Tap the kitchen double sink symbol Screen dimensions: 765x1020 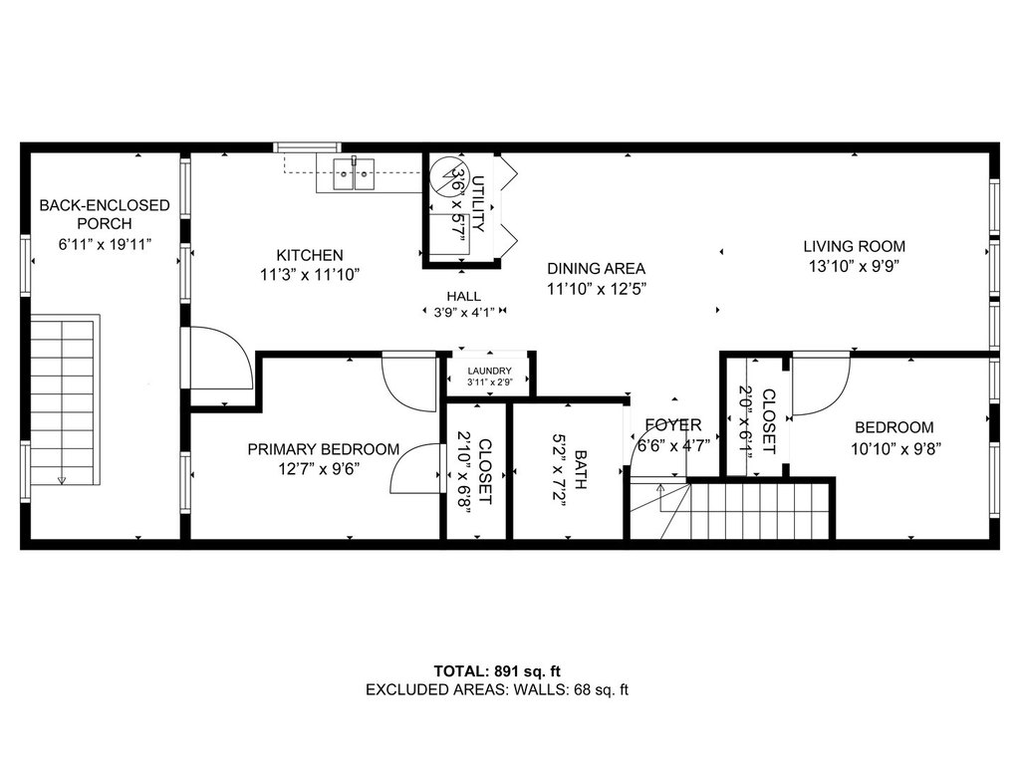353,175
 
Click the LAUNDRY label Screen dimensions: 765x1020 489,370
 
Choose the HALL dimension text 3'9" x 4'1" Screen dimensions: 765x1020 464,312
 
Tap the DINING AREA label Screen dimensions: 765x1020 596,268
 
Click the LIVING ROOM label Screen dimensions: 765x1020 855,246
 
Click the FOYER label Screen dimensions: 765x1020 672,425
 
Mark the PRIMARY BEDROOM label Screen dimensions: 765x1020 324,449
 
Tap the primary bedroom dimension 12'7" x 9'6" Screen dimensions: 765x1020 324,469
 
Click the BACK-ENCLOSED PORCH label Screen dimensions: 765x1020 104,214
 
